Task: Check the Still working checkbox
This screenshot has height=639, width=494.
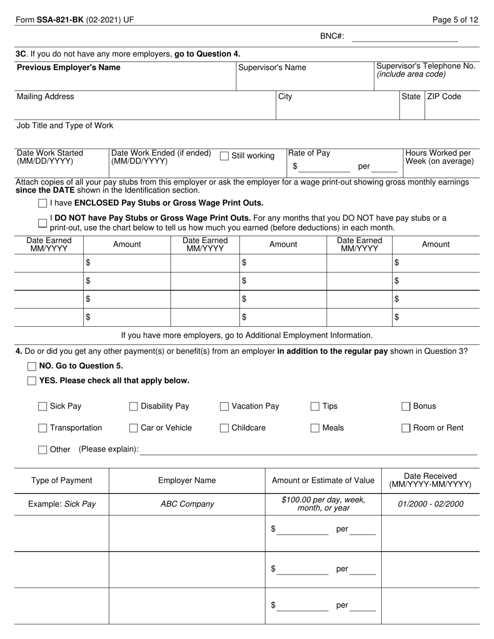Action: click(224, 156)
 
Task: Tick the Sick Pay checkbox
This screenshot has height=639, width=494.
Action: click(43, 406)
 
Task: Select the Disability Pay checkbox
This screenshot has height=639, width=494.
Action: click(133, 406)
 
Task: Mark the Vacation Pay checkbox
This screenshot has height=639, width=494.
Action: click(224, 406)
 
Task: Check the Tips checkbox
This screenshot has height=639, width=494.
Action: click(315, 406)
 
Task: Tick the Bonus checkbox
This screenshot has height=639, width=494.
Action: click(406, 406)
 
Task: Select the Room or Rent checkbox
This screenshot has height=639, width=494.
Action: click(406, 428)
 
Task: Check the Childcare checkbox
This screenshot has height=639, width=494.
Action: click(224, 428)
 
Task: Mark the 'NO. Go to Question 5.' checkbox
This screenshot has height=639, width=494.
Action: click(32, 366)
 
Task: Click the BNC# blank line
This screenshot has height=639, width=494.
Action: click(405, 37)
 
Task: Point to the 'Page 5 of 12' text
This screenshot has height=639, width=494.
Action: click(456, 20)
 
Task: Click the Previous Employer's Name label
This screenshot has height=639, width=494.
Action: click(69, 68)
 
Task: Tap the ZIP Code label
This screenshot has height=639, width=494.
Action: click(444, 97)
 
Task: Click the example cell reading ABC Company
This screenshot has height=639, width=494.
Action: click(187, 504)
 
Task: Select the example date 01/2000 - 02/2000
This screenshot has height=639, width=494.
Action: click(431, 504)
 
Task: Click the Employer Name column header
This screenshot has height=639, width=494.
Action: click(187, 481)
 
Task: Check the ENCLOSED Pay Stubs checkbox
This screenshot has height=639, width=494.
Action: click(43, 203)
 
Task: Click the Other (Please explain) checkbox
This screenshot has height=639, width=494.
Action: click(43, 450)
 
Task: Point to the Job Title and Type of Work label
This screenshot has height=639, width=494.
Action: click(65, 126)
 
